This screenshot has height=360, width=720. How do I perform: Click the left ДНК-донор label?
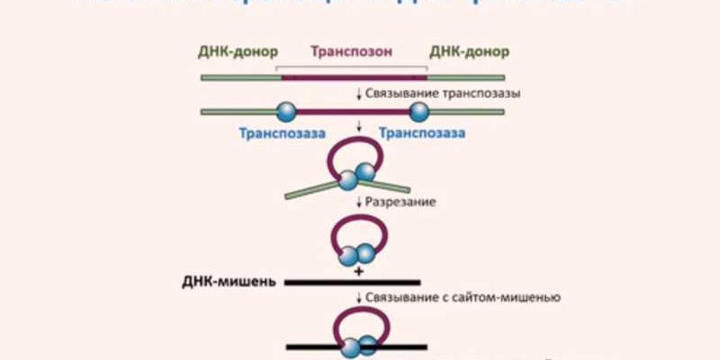(x=238, y=50)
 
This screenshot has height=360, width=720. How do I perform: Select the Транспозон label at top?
(x=352, y=50)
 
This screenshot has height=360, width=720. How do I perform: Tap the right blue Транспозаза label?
(x=422, y=133)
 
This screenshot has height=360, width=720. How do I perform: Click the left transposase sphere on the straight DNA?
(x=285, y=112)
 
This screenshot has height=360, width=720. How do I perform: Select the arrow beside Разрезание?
(x=359, y=202)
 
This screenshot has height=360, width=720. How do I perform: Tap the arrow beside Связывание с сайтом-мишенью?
(x=359, y=297)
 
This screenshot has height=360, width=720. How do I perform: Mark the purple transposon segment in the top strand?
(x=353, y=78)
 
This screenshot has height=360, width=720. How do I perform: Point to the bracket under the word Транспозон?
(x=351, y=67)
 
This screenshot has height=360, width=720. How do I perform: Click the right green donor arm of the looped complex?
(x=392, y=187)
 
